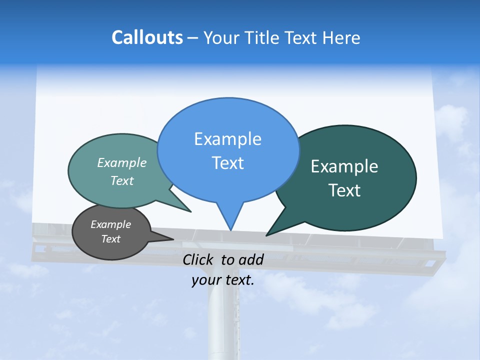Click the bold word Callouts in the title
click(147, 37)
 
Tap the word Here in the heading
click(341, 37)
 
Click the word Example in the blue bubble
click(227, 139)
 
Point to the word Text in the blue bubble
click(227, 163)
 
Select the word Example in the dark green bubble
click(344, 166)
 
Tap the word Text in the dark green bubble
click(344, 190)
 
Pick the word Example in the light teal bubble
click(121, 162)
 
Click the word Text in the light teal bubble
click(121, 180)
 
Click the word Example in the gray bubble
click(110, 224)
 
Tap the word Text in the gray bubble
click(110, 239)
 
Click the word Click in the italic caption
click(198, 259)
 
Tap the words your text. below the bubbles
click(223, 280)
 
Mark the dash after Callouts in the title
click(193, 38)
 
